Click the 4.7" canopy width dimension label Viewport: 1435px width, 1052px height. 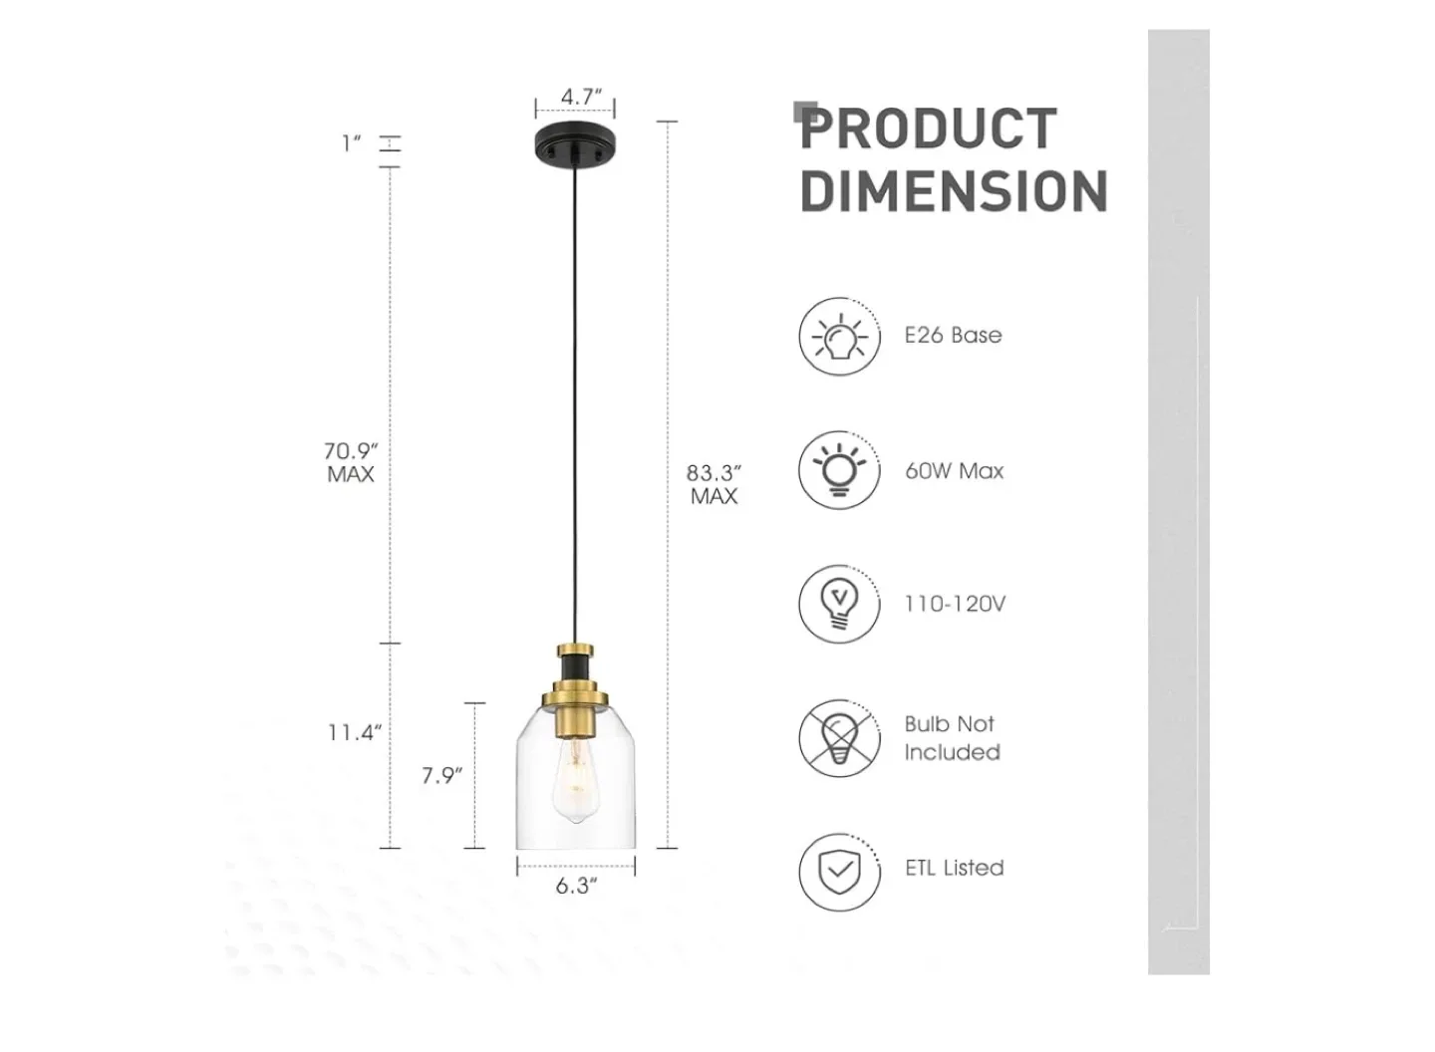coord(581,97)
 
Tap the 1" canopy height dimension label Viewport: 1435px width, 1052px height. coord(351,143)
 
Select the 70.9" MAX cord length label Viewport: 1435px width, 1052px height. coord(351,463)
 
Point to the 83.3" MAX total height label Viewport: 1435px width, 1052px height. coord(715,484)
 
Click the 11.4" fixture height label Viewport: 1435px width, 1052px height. coord(355,733)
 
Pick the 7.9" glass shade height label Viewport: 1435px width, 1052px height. coord(441,775)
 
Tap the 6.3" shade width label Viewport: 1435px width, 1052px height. coord(577,886)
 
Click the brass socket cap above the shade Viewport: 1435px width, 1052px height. coord(576,689)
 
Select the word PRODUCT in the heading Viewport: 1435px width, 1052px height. coord(929,130)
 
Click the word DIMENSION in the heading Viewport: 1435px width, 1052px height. coord(954,191)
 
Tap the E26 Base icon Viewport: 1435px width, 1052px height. coord(839,337)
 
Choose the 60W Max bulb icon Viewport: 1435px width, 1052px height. coord(839,469)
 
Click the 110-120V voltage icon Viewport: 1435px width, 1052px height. coord(839,604)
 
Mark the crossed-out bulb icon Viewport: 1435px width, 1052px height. coord(839,738)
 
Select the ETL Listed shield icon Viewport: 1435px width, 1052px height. coord(839,872)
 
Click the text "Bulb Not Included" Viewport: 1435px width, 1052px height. coord(952,738)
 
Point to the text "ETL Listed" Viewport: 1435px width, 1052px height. coord(954,868)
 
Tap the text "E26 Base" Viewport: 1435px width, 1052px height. coord(953,336)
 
